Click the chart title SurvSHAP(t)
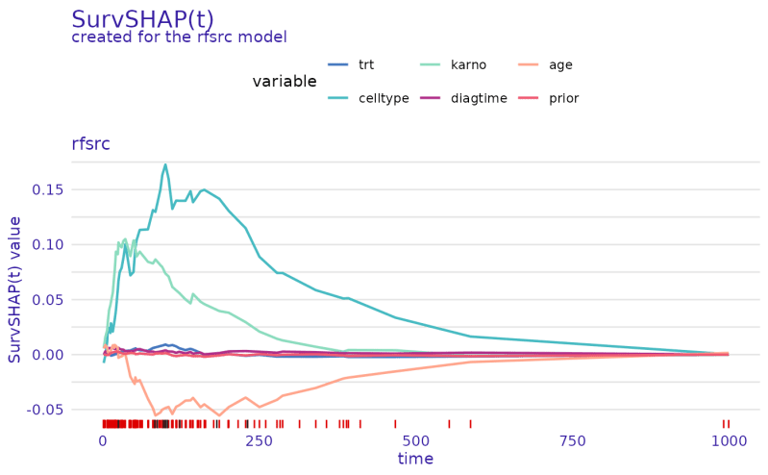[142, 19]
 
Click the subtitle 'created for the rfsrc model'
[179, 37]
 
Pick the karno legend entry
[468, 65]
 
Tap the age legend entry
[560, 65]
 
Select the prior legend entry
[563, 98]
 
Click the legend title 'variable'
[285, 82]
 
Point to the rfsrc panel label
[91, 144]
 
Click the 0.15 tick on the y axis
[49, 189]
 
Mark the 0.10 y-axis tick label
[49, 244]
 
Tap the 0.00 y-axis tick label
[49, 355]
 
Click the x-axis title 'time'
[415, 460]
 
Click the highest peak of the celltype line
[165, 165]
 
